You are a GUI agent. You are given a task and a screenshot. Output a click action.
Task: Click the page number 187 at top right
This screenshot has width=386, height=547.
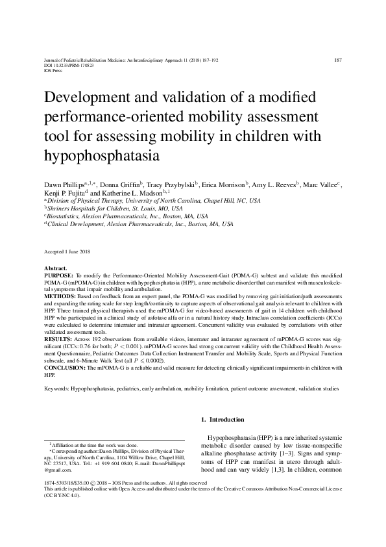[337, 60]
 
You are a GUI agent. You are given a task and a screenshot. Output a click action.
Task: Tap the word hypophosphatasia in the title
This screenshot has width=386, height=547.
[101, 156]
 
